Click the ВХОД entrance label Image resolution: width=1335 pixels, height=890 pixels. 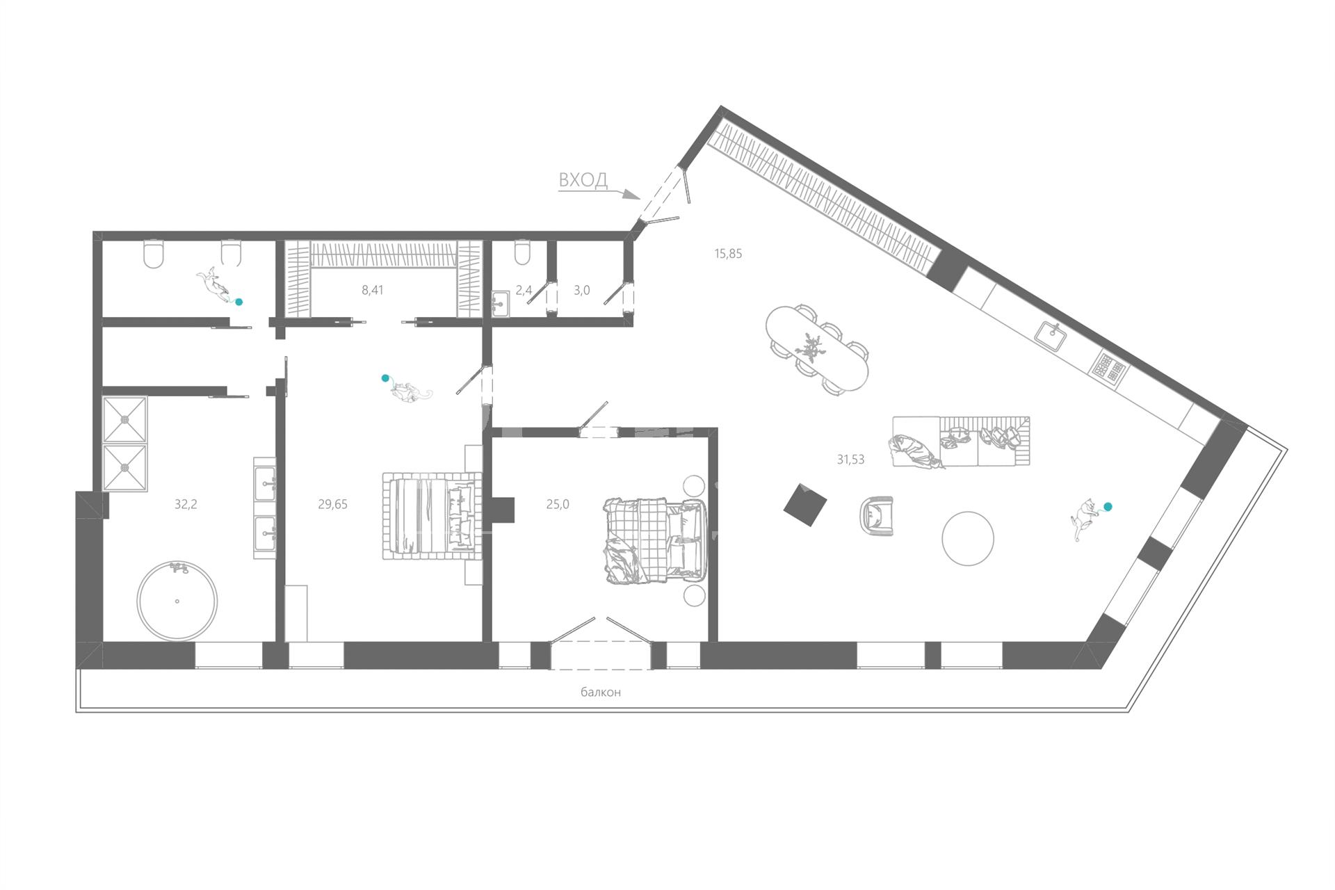pyautogui.click(x=583, y=180)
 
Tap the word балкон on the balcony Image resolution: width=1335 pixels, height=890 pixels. pyautogui.click(x=601, y=693)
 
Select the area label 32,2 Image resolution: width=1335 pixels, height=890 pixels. pyautogui.click(x=186, y=504)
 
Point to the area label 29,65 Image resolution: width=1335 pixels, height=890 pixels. pyautogui.click(x=332, y=504)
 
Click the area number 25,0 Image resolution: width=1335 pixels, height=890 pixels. pyautogui.click(x=558, y=504)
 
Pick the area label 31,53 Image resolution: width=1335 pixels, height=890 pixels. pyautogui.click(x=850, y=459)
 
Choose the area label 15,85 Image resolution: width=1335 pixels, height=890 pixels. pyautogui.click(x=728, y=254)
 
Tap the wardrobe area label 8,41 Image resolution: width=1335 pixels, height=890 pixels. pyautogui.click(x=373, y=290)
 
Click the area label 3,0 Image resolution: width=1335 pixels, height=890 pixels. pyautogui.click(x=582, y=290)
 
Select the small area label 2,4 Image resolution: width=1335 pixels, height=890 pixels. pyautogui.click(x=524, y=290)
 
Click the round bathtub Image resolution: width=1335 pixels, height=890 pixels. pyautogui.click(x=177, y=601)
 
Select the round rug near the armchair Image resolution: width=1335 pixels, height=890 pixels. pyautogui.click(x=968, y=538)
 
